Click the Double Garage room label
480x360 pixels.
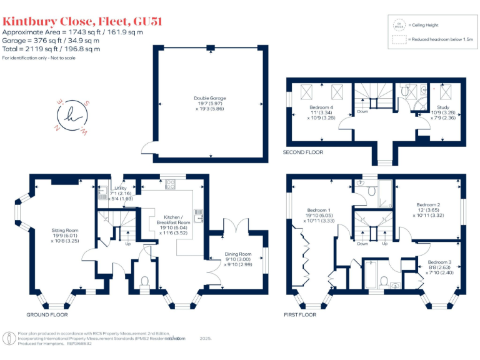click(x=209, y=103)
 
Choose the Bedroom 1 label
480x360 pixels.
click(x=319, y=216)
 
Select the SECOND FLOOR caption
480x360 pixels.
click(x=303, y=152)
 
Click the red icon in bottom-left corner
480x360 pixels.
click(x=10, y=339)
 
